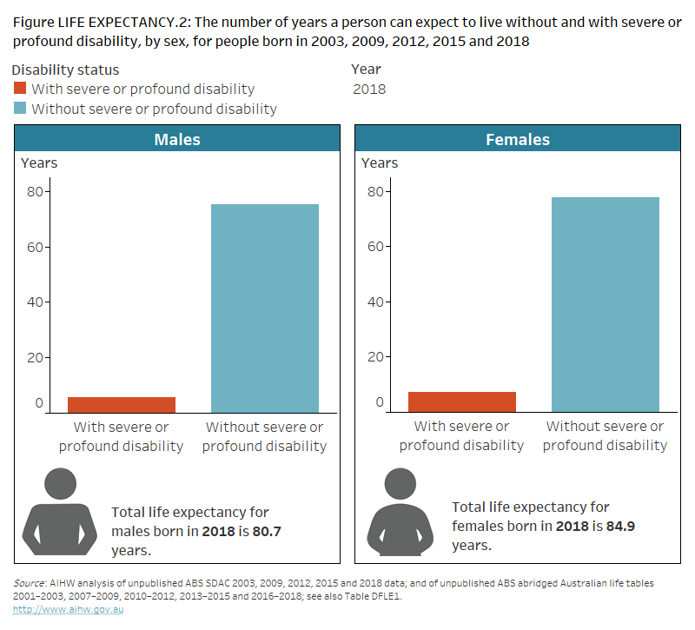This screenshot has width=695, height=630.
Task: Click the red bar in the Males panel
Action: click(122, 404)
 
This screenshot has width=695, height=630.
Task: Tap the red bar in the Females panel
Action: click(461, 401)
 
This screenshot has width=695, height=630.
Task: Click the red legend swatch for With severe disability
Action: click(21, 89)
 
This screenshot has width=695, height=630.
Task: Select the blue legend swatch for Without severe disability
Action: click(21, 109)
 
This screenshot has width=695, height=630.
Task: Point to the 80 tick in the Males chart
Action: click(37, 191)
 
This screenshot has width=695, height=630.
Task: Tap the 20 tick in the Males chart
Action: click(37, 357)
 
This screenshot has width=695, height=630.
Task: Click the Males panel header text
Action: click(177, 139)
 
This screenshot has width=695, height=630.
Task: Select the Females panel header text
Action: click(518, 139)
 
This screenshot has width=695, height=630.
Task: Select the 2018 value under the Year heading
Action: click(369, 89)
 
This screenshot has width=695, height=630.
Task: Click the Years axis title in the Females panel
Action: click(380, 162)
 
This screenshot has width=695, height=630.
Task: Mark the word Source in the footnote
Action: click(30, 583)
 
